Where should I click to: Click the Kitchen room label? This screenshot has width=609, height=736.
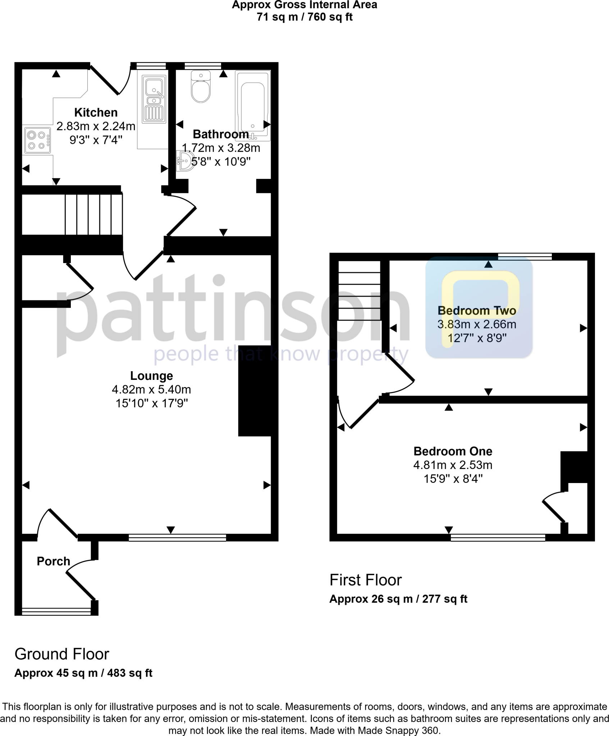(96, 112)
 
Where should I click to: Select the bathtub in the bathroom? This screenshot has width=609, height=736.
(253, 106)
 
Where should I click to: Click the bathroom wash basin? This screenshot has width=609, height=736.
(185, 161)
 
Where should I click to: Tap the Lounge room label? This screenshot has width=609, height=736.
(151, 376)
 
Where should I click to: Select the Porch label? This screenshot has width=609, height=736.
(53, 561)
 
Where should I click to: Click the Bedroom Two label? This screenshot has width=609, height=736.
(477, 310)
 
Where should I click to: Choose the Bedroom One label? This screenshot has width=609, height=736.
(453, 451)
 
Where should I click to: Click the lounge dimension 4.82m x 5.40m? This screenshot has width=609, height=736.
(151, 390)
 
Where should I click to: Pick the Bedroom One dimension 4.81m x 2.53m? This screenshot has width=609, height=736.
(453, 465)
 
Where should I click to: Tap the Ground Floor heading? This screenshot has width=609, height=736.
(61, 654)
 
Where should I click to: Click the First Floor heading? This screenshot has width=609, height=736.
(365, 580)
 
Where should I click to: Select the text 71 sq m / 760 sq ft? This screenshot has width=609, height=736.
(304, 17)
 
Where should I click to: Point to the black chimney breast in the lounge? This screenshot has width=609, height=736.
(255, 391)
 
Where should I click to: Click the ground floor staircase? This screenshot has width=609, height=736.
(93, 214)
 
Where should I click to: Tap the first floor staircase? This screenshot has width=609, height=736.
(359, 291)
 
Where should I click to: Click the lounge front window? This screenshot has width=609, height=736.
(177, 538)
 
